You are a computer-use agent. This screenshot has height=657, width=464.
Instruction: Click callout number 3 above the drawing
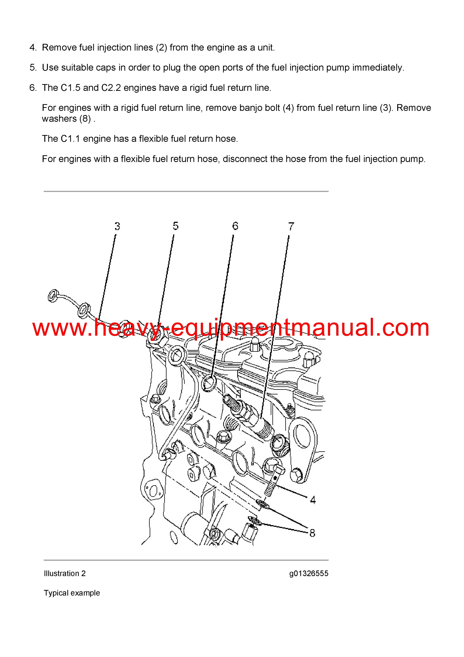click(x=117, y=226)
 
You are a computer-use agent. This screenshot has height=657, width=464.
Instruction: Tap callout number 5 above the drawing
click(x=175, y=226)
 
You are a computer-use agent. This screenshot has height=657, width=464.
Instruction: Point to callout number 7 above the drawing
click(x=291, y=226)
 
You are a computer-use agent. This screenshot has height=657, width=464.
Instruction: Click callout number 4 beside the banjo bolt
click(x=313, y=500)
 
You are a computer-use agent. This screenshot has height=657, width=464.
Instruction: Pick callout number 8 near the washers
click(x=312, y=533)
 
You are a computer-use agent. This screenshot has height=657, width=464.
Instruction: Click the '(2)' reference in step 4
click(x=161, y=48)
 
